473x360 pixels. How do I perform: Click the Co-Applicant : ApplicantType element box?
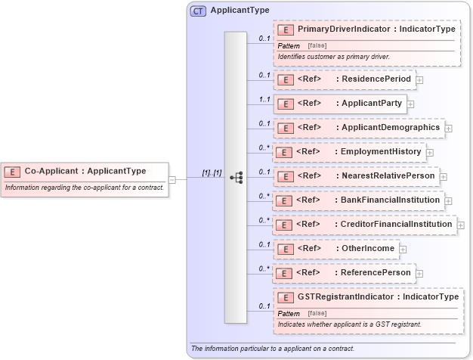[x=85, y=171]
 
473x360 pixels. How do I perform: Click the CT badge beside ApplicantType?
[x=198, y=11]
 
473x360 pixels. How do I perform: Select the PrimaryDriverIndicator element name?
[x=376, y=29]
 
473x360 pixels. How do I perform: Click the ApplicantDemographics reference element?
[x=358, y=128]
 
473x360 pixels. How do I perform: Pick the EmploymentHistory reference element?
[x=348, y=152]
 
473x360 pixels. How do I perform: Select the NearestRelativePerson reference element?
[x=355, y=176]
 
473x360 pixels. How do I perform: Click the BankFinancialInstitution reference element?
[x=357, y=200]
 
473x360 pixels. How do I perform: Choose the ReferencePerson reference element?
[x=343, y=272]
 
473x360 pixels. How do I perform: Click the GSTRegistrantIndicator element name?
[x=378, y=297]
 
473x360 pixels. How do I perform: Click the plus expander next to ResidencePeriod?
[x=419, y=79]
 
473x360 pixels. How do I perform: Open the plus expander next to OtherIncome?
[x=403, y=249]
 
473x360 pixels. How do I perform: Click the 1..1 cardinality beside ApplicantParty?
[x=264, y=99]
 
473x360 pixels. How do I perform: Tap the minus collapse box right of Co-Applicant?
[x=172, y=179]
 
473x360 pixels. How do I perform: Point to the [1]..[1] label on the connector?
[x=211, y=173]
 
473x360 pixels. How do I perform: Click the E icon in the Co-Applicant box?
[x=13, y=171]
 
